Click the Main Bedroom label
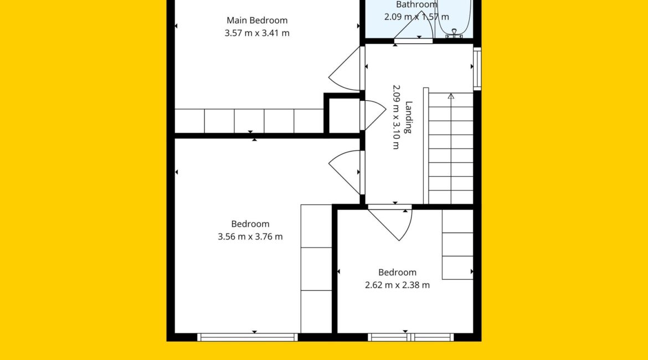256,20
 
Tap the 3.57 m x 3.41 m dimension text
256,33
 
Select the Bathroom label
416,4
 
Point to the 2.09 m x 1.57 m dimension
416,17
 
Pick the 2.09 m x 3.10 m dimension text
396,117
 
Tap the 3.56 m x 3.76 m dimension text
250,237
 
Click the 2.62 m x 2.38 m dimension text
397,285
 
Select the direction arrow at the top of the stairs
451,96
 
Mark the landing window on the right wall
477,69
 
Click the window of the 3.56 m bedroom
247,337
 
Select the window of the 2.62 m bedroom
410,337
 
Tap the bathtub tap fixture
454,33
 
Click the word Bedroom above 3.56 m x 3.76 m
250,224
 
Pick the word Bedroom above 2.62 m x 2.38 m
397,272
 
